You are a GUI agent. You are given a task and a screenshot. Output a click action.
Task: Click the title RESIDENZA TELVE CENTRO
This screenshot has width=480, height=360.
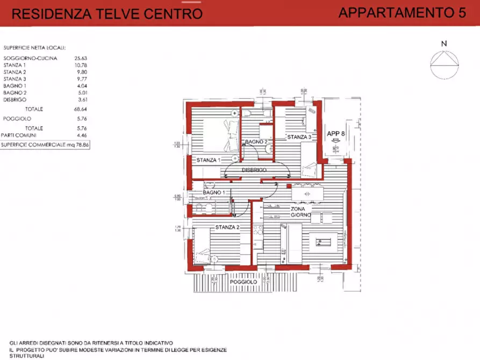pyautogui.click(x=107, y=14)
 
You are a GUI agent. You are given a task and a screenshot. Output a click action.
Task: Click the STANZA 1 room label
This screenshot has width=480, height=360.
pyautogui.click(x=208, y=160)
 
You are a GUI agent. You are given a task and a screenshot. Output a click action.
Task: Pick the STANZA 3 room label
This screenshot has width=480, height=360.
pyautogui.click(x=299, y=138)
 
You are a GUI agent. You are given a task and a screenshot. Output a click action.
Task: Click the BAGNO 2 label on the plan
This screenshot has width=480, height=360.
pyautogui.click(x=256, y=142)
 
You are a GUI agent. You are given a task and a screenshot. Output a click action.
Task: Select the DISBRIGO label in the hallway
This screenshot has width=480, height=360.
pyautogui.click(x=255, y=170)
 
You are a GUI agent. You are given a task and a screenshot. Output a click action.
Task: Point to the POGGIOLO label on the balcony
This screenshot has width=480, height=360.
pyautogui.click(x=243, y=282)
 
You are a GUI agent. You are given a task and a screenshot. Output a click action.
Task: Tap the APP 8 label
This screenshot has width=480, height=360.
pyautogui.click(x=336, y=134)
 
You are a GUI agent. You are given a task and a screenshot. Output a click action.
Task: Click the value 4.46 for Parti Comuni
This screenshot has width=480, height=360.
pyautogui.click(x=80, y=135)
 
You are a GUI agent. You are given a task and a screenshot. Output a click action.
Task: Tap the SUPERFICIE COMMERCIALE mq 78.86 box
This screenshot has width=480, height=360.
pyautogui.click(x=45, y=145)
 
